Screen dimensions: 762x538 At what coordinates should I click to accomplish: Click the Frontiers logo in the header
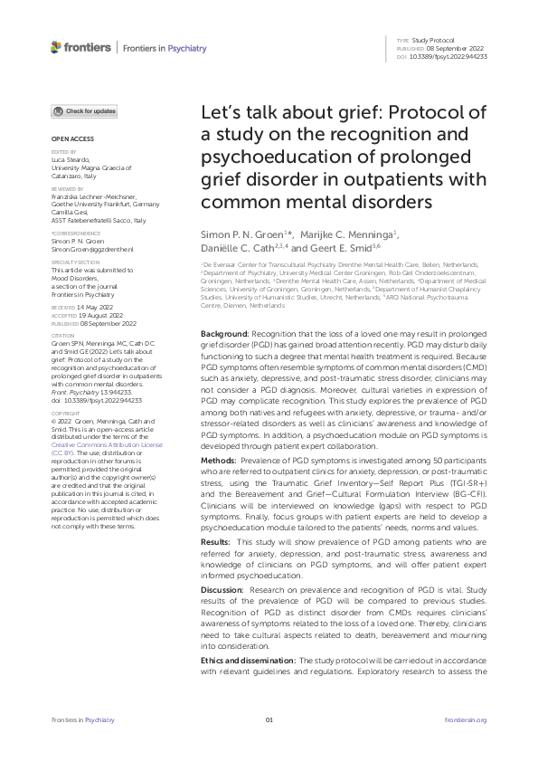pyautogui.click(x=81, y=47)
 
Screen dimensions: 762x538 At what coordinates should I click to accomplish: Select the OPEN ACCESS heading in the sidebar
pyautogui.click(x=69, y=138)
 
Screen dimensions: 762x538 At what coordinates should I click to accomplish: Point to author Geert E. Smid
pyautogui.click(x=335, y=250)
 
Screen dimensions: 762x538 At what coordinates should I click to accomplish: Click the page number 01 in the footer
pyautogui.click(x=269, y=719)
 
